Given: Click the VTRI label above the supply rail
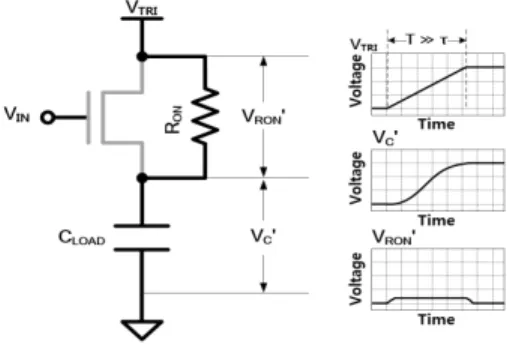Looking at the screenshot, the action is click(x=142, y=8).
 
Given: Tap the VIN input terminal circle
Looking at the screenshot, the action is click(x=48, y=117).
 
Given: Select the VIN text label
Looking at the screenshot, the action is click(x=17, y=114).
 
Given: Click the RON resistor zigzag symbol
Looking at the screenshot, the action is click(x=205, y=116).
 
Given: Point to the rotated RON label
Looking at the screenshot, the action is click(x=174, y=120).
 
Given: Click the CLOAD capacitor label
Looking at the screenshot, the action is click(x=82, y=238).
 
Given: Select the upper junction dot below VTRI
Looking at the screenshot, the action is click(x=142, y=57).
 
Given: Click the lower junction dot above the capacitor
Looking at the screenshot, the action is click(x=142, y=178).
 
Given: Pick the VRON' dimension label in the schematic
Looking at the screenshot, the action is click(x=264, y=117).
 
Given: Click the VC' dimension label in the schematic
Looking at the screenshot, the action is click(x=263, y=237).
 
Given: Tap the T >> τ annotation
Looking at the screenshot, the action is click(x=427, y=40).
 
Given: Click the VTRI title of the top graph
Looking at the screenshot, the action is click(x=364, y=45).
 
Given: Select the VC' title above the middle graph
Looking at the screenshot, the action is click(x=385, y=138).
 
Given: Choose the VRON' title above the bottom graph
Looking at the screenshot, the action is click(x=394, y=237).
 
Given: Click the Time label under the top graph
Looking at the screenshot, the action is click(x=437, y=124).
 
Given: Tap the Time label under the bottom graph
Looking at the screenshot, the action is click(x=437, y=319).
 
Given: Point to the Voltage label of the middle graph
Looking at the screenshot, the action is click(x=356, y=178).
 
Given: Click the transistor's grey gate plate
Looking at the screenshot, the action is click(x=89, y=117).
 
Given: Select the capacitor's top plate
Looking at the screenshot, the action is click(x=142, y=226).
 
